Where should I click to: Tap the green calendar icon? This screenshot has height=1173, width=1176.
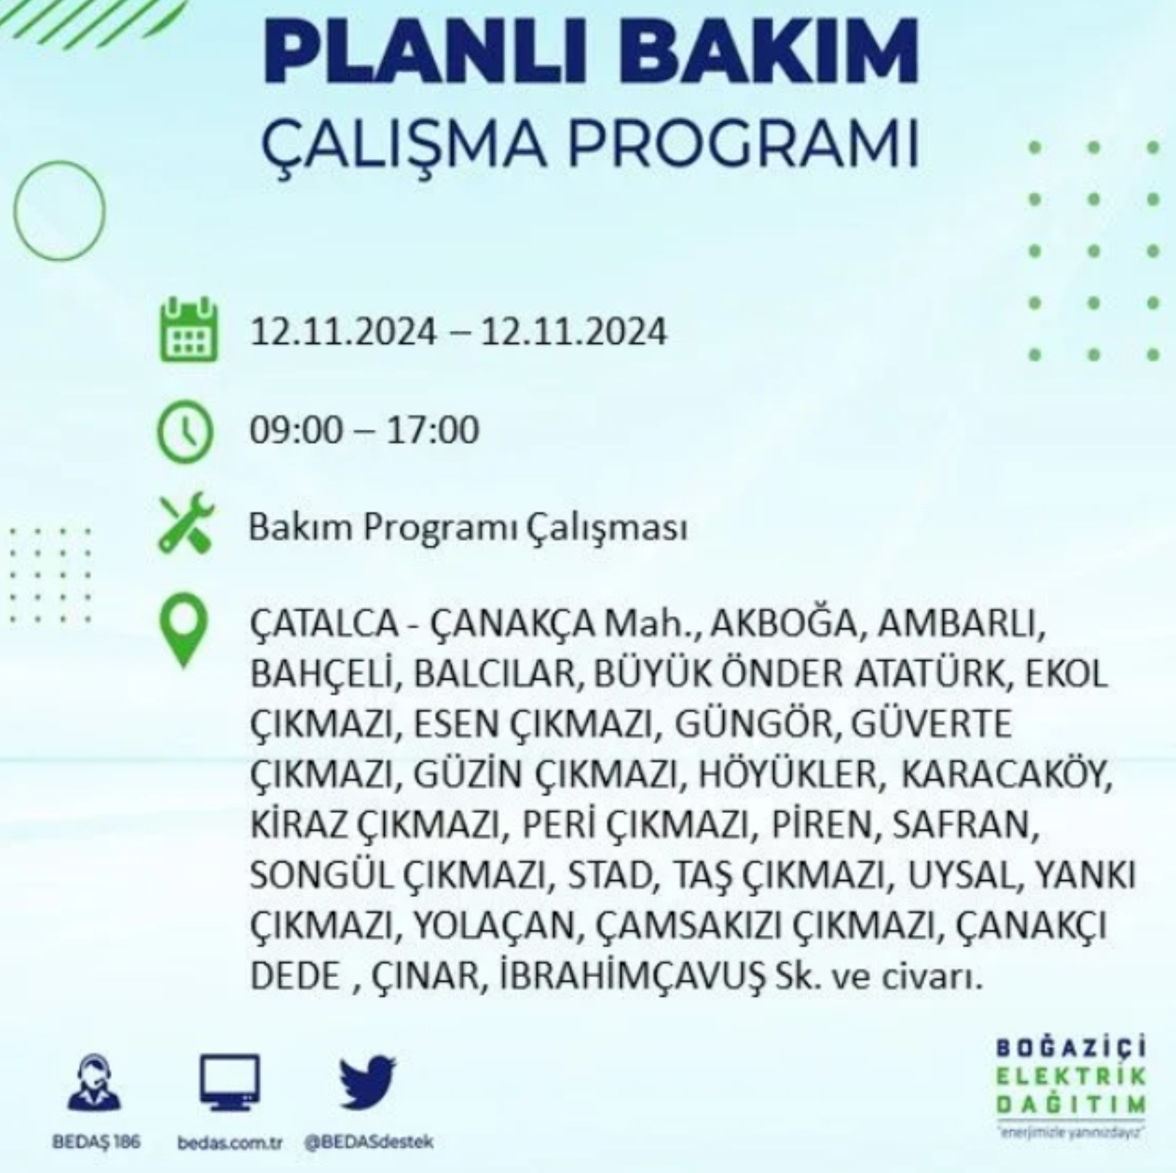tap(188, 329)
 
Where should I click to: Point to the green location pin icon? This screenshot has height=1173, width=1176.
tap(183, 630)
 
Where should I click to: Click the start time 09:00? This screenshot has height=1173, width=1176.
tap(296, 430)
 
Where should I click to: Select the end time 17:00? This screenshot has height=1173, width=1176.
tap(432, 430)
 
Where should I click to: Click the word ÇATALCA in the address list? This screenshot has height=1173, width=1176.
tap(324, 625)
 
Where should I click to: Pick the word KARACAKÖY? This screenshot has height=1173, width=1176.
tap(1007, 774)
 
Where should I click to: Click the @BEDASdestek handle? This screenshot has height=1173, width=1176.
tap(368, 1142)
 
